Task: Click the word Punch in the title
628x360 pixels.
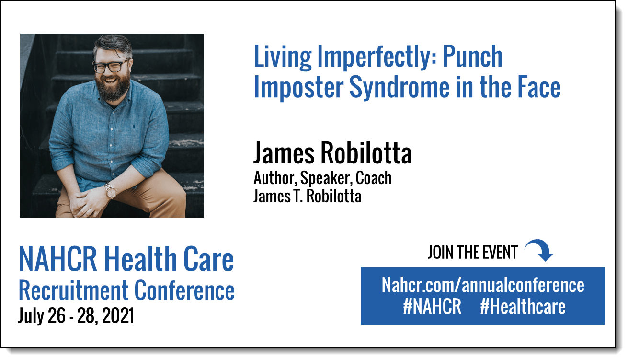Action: tap(472, 57)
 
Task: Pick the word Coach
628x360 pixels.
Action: tap(374, 178)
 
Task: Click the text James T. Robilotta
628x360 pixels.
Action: tap(307, 196)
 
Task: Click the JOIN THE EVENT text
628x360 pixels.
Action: tap(472, 252)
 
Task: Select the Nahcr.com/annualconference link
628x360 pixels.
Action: tap(483, 285)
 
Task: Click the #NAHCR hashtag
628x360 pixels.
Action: tap(432, 306)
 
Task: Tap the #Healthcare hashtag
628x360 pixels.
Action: tap(523, 306)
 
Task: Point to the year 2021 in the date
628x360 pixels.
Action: tap(118, 315)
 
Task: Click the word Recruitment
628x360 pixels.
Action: tap(73, 290)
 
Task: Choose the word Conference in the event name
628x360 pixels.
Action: tap(184, 290)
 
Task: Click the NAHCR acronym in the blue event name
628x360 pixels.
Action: tap(58, 259)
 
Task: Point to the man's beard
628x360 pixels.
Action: tap(113, 86)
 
